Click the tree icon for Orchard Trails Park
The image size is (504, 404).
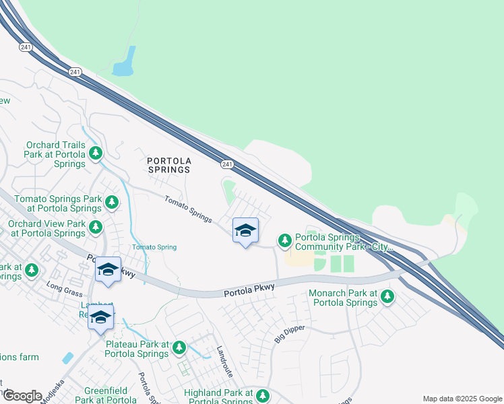coord(96,153)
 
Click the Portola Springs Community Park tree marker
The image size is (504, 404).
coord(285,240)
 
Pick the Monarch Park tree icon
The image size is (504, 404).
coord(387,296)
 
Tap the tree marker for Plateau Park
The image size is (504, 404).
coord(179,347)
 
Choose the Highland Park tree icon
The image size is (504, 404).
coord(263,395)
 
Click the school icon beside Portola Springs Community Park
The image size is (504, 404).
coord(245,231)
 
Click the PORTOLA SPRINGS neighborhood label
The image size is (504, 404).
coord(169,165)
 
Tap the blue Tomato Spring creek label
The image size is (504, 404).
coord(154,247)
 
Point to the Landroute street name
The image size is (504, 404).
coord(223,362)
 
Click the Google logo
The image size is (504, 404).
coord(22,395)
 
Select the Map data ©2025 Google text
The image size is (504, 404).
coord(462,399)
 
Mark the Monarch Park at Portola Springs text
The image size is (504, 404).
coord(343,298)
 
